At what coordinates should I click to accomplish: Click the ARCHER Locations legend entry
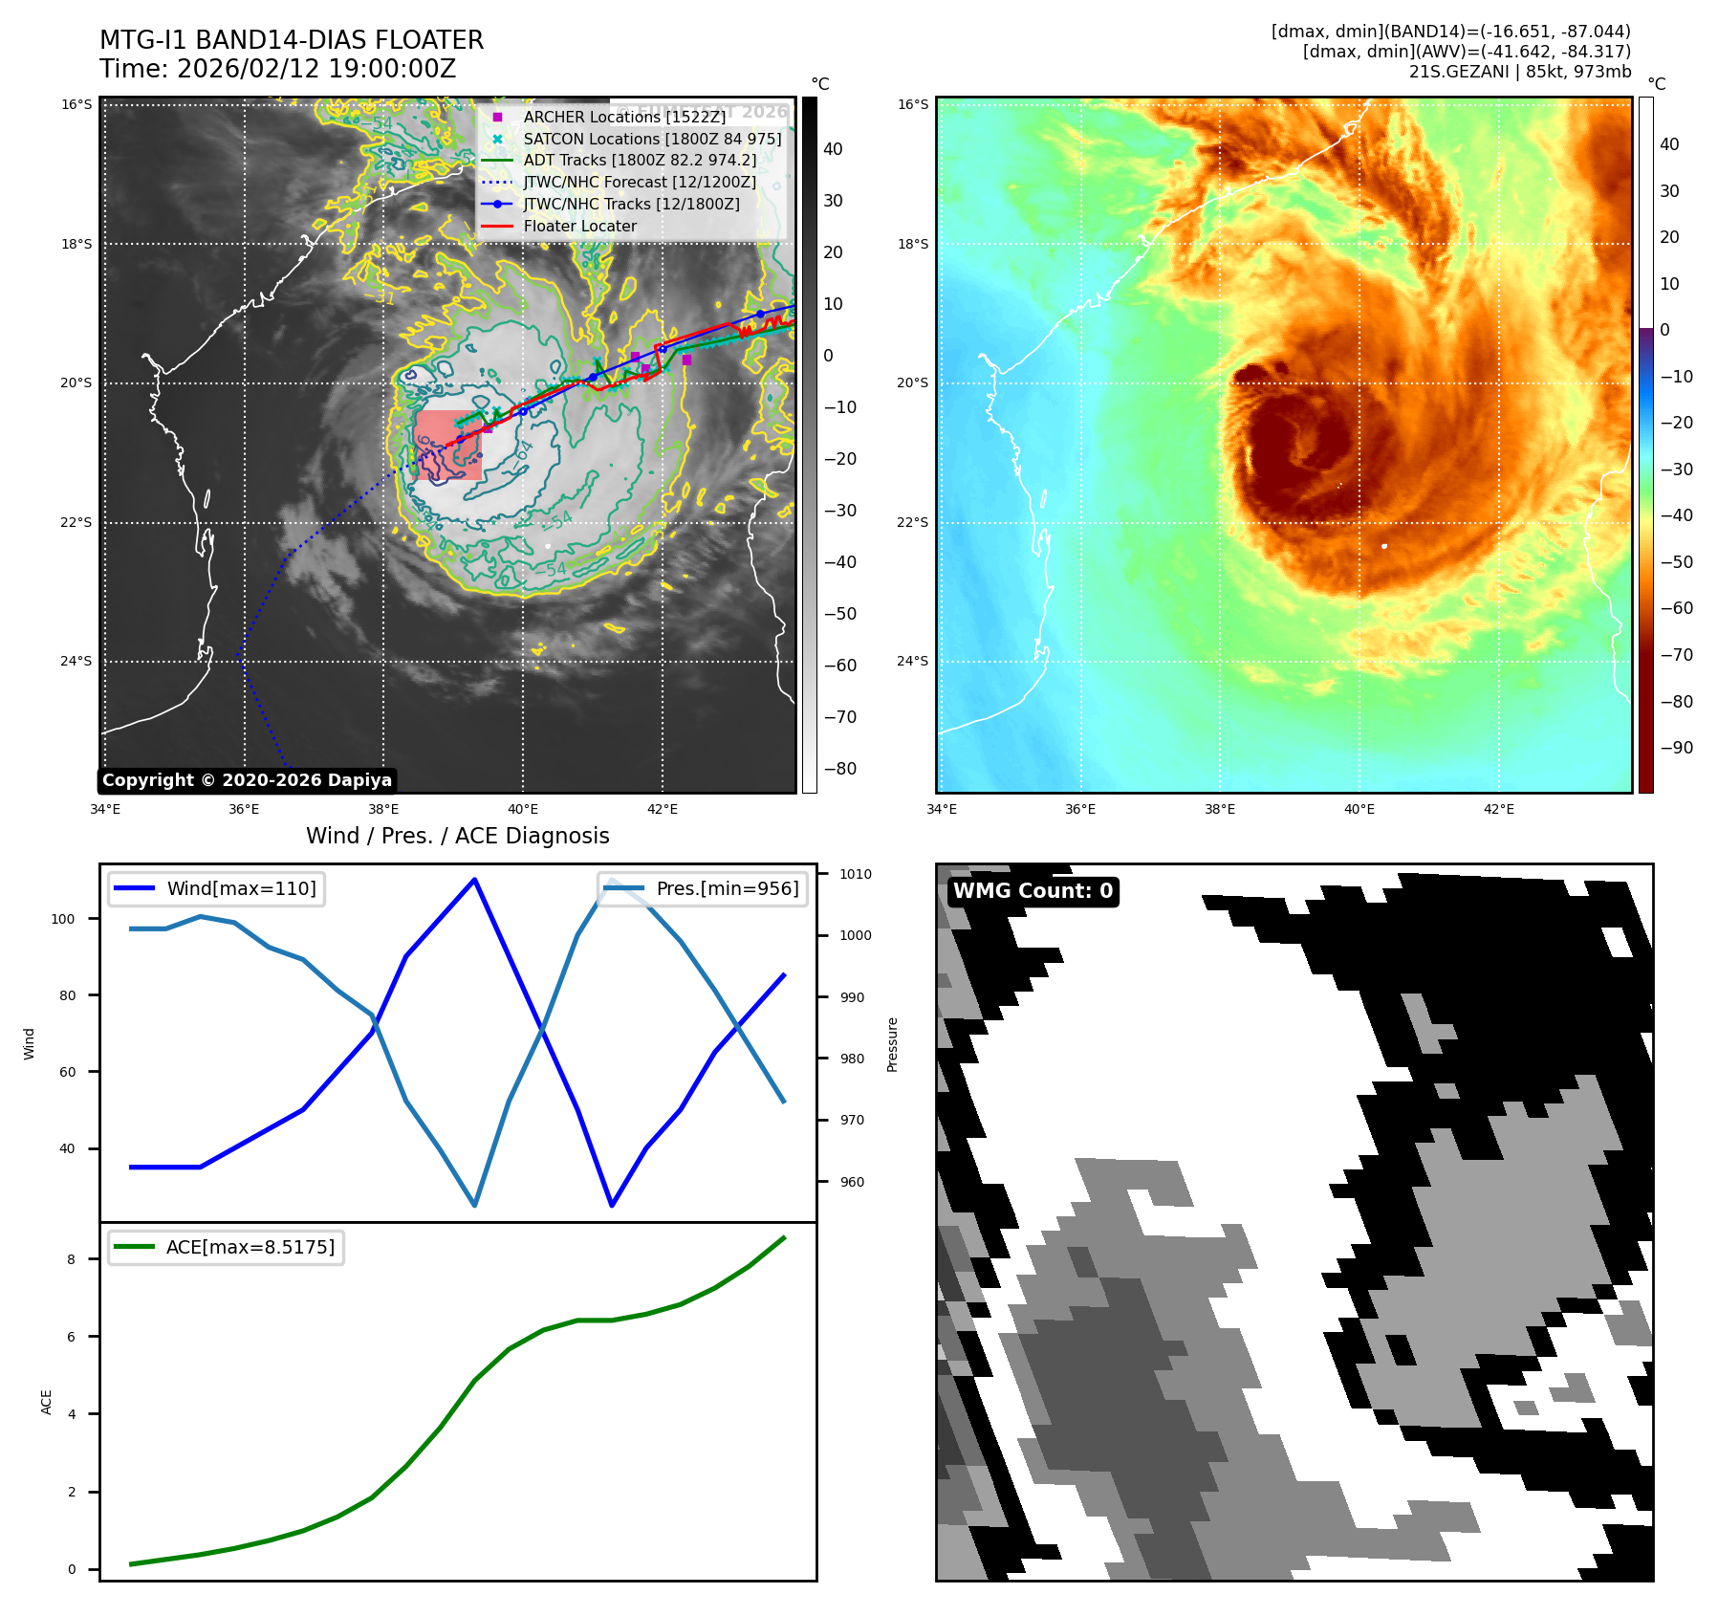(x=624, y=117)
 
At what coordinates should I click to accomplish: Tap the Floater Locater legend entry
(x=579, y=226)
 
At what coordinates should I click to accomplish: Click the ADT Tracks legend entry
(x=640, y=161)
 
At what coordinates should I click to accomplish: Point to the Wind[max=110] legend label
(x=241, y=888)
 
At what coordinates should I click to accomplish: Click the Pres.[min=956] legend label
(x=727, y=888)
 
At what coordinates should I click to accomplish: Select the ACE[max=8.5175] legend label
(x=250, y=1247)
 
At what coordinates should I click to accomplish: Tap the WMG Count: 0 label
(x=1033, y=891)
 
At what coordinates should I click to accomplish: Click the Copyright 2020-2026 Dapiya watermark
(x=247, y=780)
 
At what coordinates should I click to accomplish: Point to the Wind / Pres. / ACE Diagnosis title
(x=457, y=836)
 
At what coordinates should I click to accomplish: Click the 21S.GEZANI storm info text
(x=1519, y=72)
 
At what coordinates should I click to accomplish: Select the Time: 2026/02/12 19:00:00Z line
(x=277, y=69)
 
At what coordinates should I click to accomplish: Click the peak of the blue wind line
(x=475, y=879)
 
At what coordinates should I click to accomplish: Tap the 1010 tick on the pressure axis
(x=855, y=874)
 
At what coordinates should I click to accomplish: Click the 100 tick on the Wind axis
(x=63, y=919)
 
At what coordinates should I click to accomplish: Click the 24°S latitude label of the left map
(x=76, y=661)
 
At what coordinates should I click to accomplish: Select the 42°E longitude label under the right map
(x=1498, y=809)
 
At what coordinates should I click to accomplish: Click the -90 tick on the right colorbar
(x=1676, y=748)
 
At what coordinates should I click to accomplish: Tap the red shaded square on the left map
(x=447, y=445)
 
